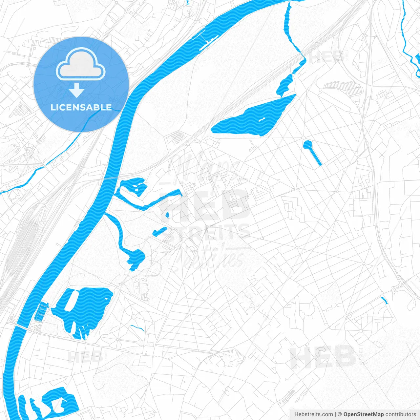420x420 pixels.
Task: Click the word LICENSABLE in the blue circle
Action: (81, 107)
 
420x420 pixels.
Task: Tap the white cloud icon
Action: (81, 65)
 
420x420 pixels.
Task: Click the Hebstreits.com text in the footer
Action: (313, 414)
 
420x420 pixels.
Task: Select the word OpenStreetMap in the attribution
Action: (363, 414)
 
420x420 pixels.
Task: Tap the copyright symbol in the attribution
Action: (340, 414)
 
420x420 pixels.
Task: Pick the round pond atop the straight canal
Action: (307, 144)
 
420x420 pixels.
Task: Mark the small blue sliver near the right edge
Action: (384, 300)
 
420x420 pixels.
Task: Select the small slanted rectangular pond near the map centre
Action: (160, 231)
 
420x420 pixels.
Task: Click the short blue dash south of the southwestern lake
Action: (137, 328)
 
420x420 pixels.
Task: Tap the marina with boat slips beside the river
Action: (41, 312)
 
